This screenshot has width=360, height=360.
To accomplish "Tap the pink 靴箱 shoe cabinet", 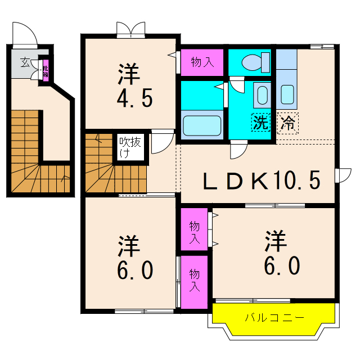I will pyautogui.click(x=45, y=70).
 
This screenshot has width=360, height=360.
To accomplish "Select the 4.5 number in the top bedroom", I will pyautogui.click(x=134, y=99).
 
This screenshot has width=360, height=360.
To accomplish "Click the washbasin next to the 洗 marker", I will pyautogui.click(x=262, y=95).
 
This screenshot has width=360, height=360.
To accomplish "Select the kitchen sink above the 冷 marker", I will pyautogui.click(x=287, y=94).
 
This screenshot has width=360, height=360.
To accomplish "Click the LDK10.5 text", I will pyautogui.click(x=261, y=181).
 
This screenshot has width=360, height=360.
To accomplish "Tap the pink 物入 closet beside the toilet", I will pyautogui.click(x=202, y=62).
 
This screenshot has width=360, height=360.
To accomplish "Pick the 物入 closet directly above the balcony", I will pyautogui.click(x=194, y=280).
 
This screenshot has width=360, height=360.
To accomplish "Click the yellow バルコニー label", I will pyautogui.click(x=274, y=318).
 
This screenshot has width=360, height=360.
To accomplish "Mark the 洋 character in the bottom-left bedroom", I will pyautogui.click(x=128, y=246).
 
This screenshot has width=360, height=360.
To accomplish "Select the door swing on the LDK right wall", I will pyautogui.click(x=341, y=175).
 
